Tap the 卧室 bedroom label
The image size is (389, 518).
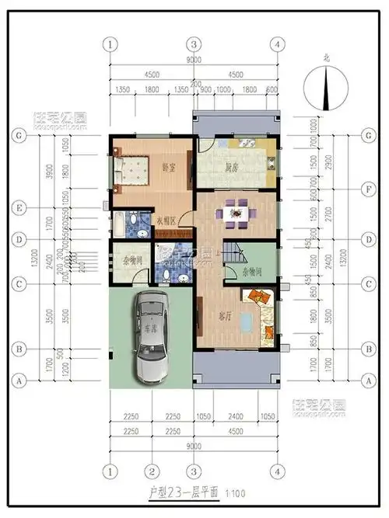tap(168, 167)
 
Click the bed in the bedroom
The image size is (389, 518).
tap(131, 172)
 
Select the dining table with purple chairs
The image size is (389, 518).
tap(237, 210)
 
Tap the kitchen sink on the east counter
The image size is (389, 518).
tap(272, 163)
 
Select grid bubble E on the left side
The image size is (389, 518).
tap(16, 207)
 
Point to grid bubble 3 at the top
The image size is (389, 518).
tap(194, 43)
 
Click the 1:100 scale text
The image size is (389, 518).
tap(235, 493)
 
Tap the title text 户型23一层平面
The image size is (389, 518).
tap(184, 493)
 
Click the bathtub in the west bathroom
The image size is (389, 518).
tap(117, 226)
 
